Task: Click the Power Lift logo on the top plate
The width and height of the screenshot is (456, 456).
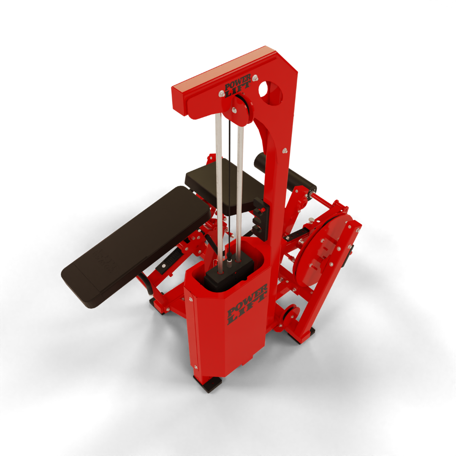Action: (x=238, y=85)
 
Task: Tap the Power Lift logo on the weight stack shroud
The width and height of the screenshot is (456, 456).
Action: (x=247, y=304)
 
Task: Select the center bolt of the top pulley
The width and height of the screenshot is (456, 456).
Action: (x=234, y=110)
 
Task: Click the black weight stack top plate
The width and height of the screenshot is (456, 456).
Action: (x=229, y=272)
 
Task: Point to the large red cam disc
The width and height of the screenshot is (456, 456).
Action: (x=323, y=250)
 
